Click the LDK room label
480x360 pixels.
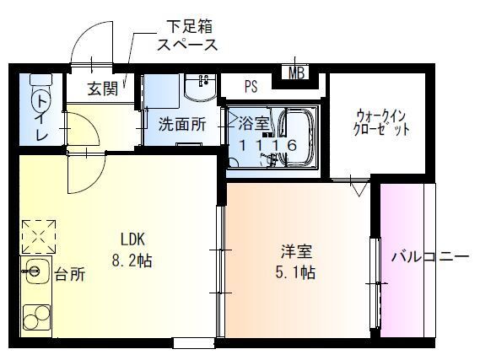coord(132,237)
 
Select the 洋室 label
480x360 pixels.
coord(296,250)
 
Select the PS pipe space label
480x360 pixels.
coord(251,85)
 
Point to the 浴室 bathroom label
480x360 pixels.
coord(253,123)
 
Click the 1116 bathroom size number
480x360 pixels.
coord(267,145)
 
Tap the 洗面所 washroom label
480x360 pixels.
coord(182,124)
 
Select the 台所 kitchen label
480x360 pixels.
coord(70,274)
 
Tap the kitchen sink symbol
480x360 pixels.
coord(35,271)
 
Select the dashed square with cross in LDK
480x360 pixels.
coord(39,235)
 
